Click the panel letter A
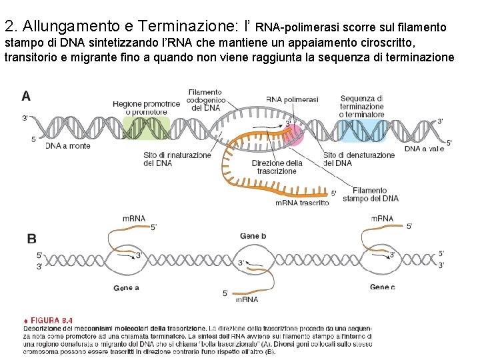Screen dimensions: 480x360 point(26,97)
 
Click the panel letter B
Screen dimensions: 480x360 point(31,239)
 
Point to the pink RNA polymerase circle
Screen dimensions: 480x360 point(292,131)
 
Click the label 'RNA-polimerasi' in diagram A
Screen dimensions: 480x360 point(292,99)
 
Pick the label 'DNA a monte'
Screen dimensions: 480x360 point(68,146)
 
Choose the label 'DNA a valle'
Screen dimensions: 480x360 point(424,149)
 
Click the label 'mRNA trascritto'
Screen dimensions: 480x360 point(301,203)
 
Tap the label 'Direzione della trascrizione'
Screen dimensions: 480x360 point(277,167)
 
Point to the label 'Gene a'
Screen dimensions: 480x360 point(126,288)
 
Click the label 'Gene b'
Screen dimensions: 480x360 point(253,236)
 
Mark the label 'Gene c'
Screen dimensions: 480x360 point(383,287)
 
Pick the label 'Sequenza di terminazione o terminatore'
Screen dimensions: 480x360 point(362,106)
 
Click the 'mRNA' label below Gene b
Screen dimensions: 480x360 point(247,299)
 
